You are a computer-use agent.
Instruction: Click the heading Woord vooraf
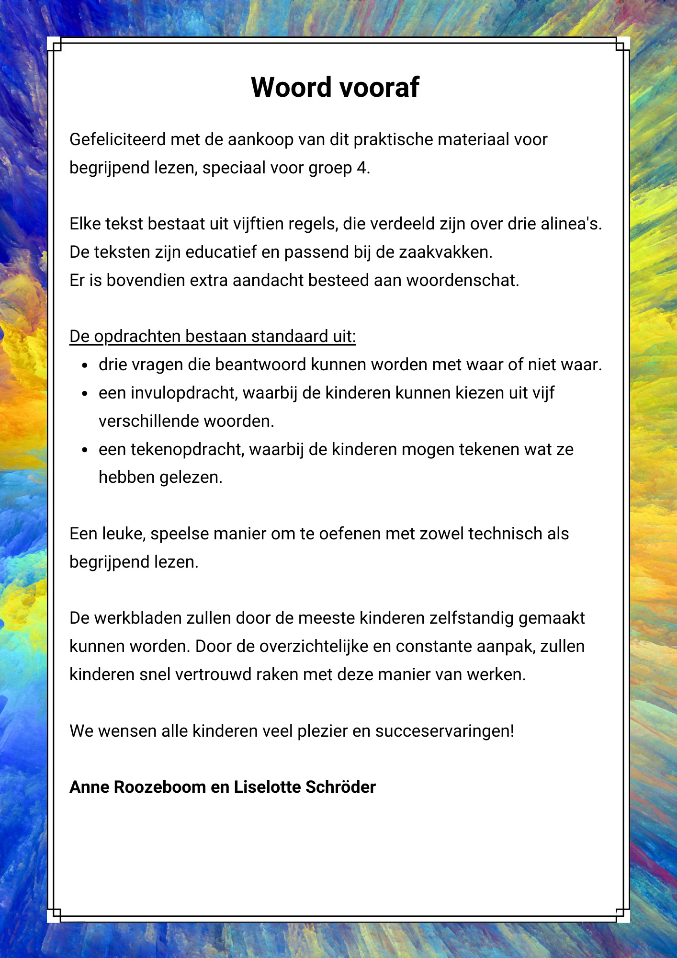coord(335,87)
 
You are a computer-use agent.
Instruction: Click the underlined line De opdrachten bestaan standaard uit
coord(213,336)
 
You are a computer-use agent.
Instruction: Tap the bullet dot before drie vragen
coord(85,366)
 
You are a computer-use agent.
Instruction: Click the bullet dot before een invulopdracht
coord(85,394)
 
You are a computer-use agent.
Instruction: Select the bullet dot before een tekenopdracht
coord(85,450)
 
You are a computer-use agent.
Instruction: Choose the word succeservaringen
coord(444,731)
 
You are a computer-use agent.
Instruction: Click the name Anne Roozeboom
coord(137,787)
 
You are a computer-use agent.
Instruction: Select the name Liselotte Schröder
coord(305,787)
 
